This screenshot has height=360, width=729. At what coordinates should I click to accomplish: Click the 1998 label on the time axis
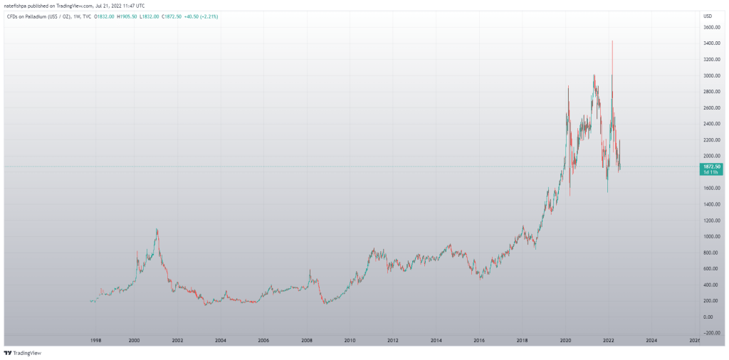click(91, 342)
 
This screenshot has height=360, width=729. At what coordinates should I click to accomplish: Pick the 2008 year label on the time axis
click(306, 342)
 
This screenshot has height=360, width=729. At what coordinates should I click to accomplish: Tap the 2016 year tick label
click(478, 342)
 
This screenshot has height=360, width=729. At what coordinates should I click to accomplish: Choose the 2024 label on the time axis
click(651, 342)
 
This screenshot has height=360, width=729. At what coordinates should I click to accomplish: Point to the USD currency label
click(708, 16)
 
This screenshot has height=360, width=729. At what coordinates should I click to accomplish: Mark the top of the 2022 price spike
click(612, 41)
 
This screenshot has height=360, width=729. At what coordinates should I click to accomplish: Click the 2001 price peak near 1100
click(157, 229)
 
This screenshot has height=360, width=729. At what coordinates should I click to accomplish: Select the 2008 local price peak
click(310, 270)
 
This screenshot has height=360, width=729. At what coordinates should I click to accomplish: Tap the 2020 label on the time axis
click(565, 342)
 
